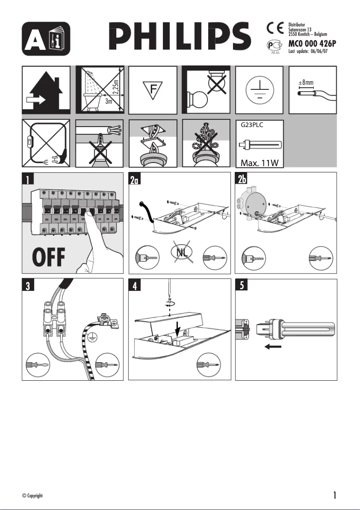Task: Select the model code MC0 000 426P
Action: (312, 44)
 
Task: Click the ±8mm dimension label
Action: (306, 83)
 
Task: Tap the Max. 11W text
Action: (260, 162)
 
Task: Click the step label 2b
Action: (243, 180)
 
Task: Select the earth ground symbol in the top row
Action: (259, 89)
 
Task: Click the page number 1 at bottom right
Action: (334, 495)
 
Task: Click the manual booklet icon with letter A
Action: (46, 38)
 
